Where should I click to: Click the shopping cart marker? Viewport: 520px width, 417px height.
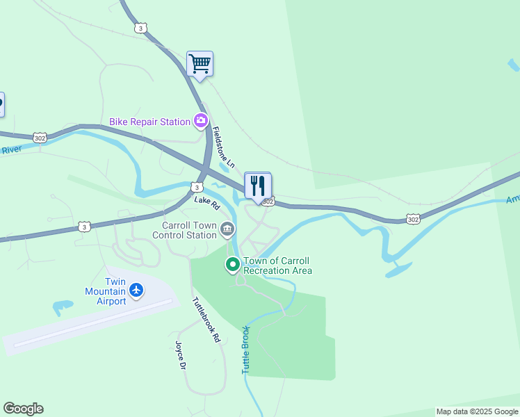tap(200, 65)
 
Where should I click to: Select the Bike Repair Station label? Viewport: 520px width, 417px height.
tap(149, 122)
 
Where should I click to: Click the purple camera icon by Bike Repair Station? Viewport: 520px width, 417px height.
tap(201, 122)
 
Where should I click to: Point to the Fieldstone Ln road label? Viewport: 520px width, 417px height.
tap(225, 145)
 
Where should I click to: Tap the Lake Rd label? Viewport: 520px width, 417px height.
tap(206, 202)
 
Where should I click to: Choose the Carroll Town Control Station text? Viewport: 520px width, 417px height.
tap(189, 230)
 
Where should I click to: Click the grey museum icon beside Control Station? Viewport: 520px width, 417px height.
tap(227, 229)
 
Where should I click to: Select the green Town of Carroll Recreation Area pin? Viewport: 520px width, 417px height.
tap(232, 265)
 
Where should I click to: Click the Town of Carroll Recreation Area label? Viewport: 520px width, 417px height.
tap(277, 265)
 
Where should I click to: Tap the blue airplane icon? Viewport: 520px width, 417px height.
tap(136, 289)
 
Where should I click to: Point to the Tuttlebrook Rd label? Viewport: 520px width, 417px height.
tap(206, 320)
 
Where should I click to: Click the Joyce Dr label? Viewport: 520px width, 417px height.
tap(181, 355)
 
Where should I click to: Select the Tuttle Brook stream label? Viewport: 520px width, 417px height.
tap(245, 350)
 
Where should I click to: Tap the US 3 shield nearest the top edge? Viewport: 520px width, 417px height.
tap(141, 28)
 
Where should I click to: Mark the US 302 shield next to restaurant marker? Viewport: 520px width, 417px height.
tap(269, 202)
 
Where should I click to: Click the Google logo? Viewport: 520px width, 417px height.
tap(23, 409)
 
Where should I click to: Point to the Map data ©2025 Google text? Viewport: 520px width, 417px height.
tap(477, 412)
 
